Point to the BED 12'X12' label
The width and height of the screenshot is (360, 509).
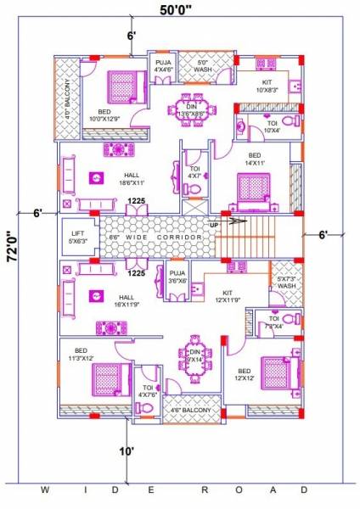(x=245, y=375)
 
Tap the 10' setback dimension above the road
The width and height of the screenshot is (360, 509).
(x=127, y=452)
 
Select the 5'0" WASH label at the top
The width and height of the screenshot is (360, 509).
(x=202, y=66)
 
